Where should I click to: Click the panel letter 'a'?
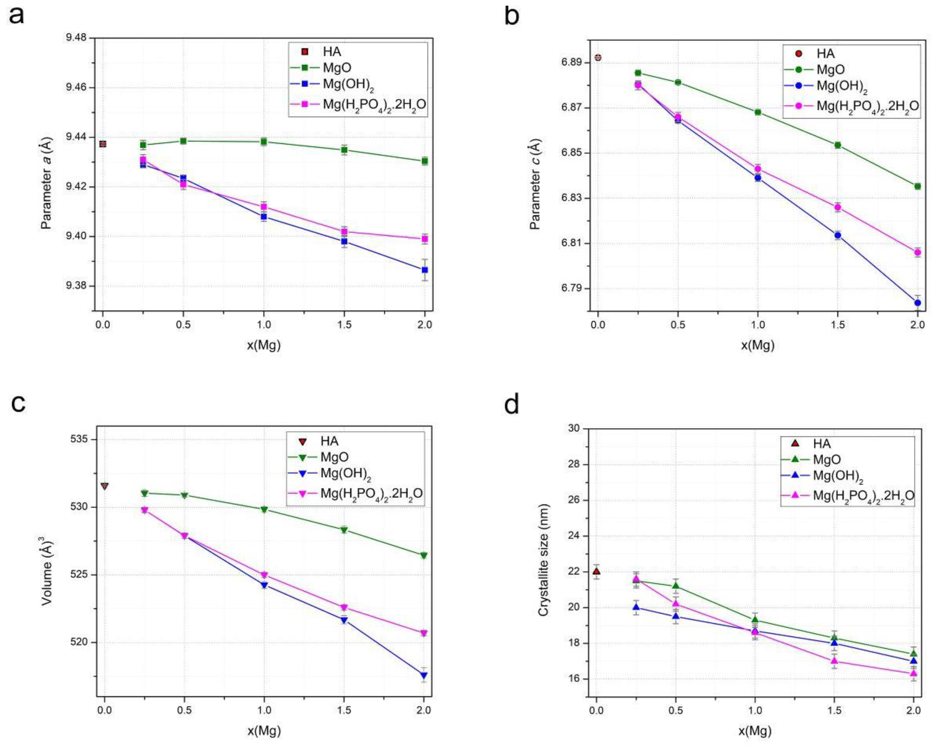tap(16, 16)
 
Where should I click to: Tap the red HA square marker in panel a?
tap(103, 144)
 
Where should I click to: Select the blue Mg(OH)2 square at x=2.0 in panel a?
tap(424, 270)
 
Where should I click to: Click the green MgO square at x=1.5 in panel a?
tap(344, 150)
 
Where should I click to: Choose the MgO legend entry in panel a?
tap(337, 67)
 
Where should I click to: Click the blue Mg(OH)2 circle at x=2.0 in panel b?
tap(917, 303)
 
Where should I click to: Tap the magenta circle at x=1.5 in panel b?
tap(837, 207)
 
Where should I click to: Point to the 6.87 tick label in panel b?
tap(572, 108)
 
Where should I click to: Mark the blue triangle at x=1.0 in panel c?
tap(264, 585)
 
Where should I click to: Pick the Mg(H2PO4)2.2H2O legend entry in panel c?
tap(371, 493)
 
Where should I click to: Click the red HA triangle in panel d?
tap(596, 571)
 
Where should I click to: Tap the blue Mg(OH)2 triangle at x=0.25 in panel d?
tap(636, 607)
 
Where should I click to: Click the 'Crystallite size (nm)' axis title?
tap(543, 559)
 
